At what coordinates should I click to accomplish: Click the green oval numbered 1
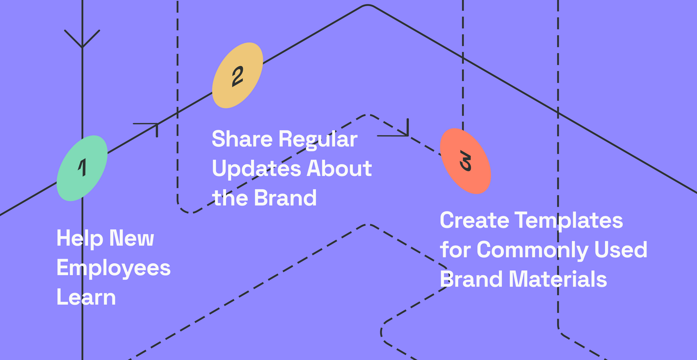tap(82, 168)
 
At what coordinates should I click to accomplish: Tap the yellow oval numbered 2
tap(238, 75)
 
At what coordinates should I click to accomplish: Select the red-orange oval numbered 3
tap(466, 161)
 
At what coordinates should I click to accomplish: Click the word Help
tap(80, 239)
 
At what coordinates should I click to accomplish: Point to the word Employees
tap(114, 268)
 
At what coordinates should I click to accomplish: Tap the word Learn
tap(86, 297)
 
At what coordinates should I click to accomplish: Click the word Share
tap(242, 139)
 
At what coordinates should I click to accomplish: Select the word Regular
tap(318, 139)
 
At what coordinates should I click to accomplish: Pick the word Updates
tap(257, 169)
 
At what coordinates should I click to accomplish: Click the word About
tap(339, 168)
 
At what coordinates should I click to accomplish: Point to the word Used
tap(621, 250)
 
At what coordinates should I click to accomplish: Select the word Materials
tap(558, 279)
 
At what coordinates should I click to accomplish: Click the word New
tap(132, 239)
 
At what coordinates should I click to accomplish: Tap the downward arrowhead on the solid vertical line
tap(82, 39)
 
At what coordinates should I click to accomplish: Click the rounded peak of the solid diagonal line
tap(368, 5)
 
